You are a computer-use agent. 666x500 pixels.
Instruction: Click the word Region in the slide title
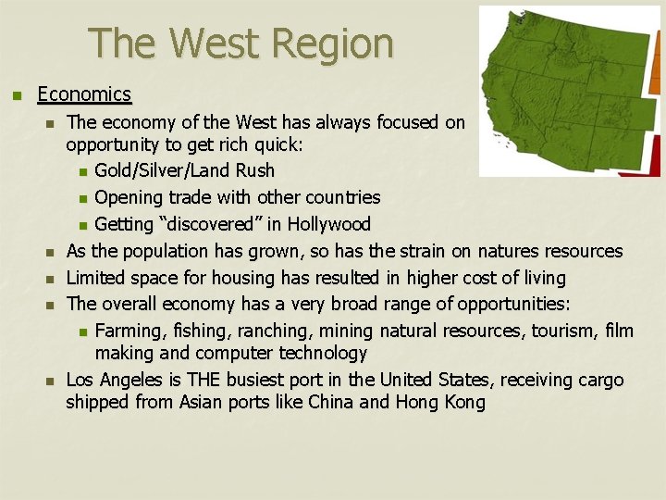pyautogui.click(x=336, y=43)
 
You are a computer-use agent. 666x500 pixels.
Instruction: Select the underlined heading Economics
pyautogui.click(x=84, y=94)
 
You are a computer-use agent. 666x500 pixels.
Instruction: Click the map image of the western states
pyautogui.click(x=569, y=91)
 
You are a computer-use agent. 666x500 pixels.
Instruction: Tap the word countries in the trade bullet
pyautogui.click(x=341, y=198)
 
